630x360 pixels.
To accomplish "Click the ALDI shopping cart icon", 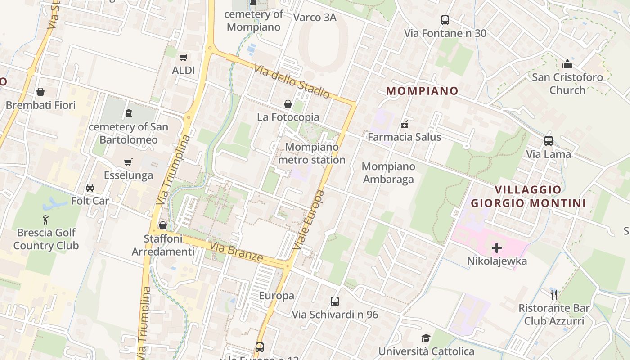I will (x=183, y=57).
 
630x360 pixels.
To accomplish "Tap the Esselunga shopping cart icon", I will (x=128, y=162).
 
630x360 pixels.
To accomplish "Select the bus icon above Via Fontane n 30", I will (x=445, y=20).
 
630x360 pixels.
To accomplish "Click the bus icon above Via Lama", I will (x=549, y=141).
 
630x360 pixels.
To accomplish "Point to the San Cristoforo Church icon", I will (x=567, y=64).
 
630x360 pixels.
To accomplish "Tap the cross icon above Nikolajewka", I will (x=497, y=248).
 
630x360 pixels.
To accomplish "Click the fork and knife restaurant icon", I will (x=554, y=295).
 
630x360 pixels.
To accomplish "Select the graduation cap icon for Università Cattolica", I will (x=426, y=338).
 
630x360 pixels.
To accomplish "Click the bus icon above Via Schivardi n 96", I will (x=335, y=301).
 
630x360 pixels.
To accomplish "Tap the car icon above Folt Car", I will (x=90, y=188).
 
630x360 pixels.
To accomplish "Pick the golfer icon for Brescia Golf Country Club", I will (x=45, y=220).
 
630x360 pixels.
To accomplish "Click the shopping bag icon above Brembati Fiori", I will (x=40, y=92).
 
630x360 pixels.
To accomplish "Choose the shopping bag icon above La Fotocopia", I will (x=288, y=104).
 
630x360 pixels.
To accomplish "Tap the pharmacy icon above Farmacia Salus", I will (x=405, y=124).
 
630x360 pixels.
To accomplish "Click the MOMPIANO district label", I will (x=422, y=91).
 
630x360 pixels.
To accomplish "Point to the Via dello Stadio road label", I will (x=292, y=81).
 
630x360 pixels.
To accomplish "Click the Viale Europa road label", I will (x=308, y=220).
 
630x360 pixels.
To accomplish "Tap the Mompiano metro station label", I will (x=312, y=153).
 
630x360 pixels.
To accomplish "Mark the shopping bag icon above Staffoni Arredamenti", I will (x=163, y=225).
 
